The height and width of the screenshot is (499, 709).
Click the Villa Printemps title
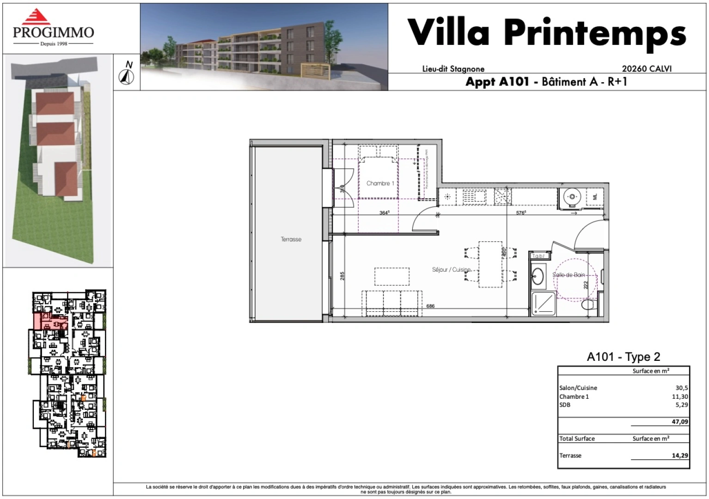pyautogui.click(x=546, y=33)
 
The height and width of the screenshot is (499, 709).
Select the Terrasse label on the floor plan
pyautogui.click(x=291, y=239)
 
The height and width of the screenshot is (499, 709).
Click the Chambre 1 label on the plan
pyautogui.click(x=380, y=183)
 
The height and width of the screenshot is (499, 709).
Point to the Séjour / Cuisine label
pyautogui.click(x=451, y=269)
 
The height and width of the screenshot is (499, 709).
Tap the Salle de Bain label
pyautogui.click(x=568, y=275)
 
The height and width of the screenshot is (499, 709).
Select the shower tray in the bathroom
pyautogui.click(x=544, y=304)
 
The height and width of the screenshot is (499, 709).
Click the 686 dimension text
pyautogui.click(x=430, y=306)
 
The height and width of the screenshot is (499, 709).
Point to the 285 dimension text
pyautogui.click(x=342, y=276)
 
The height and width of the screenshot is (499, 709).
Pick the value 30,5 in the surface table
pyautogui.click(x=681, y=388)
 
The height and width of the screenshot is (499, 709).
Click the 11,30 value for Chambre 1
pyautogui.click(x=679, y=396)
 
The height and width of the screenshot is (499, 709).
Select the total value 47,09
pyautogui.click(x=679, y=422)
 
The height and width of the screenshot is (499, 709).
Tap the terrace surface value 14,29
pyautogui.click(x=679, y=456)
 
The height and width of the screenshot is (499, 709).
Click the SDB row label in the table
pyautogui.click(x=565, y=405)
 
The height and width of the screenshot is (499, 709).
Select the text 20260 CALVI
pyautogui.click(x=646, y=69)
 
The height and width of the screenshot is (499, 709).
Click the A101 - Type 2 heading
pyautogui.click(x=623, y=357)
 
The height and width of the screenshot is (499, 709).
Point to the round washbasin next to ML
pyautogui.click(x=572, y=197)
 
